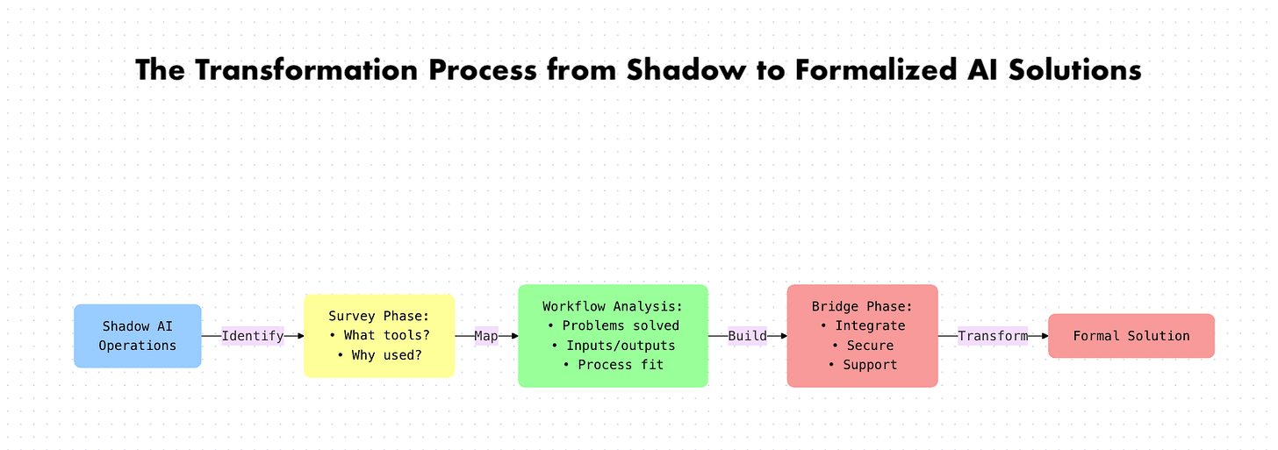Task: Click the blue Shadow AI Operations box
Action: pyautogui.click(x=137, y=336)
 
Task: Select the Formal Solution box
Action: pyautogui.click(x=1131, y=336)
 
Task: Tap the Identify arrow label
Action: pyautogui.click(x=253, y=336)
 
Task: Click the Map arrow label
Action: pyautogui.click(x=486, y=336)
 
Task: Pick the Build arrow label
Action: pyautogui.click(x=747, y=336)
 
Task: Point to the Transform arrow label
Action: pyautogui.click(x=993, y=336)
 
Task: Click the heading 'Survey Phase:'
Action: pyautogui.click(x=379, y=316)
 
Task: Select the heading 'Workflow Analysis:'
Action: pyautogui.click(x=613, y=306)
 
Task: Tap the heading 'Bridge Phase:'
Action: pyautogui.click(x=862, y=306)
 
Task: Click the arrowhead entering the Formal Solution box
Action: pyautogui.click(x=1044, y=336)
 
